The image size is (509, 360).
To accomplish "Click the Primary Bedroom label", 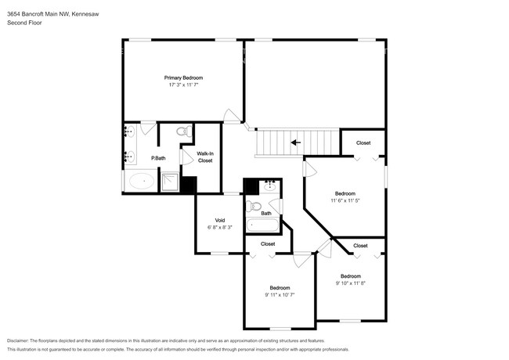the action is (183, 77).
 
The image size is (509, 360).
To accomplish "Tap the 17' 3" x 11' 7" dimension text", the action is (183, 85).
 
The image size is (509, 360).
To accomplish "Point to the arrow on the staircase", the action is (296, 142).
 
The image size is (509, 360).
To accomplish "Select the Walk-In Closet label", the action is (205, 157).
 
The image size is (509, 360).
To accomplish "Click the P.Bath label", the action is (158, 158).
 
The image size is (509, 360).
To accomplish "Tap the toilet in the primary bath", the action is (184, 131).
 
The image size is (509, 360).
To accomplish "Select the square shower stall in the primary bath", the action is (170, 182).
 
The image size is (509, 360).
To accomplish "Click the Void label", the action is (220, 221).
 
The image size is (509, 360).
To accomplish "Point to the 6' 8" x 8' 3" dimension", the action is (220, 228).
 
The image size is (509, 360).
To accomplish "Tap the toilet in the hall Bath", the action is (254, 206).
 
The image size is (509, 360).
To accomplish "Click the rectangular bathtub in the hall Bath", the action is (262, 225).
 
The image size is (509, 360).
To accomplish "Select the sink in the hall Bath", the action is (270, 185).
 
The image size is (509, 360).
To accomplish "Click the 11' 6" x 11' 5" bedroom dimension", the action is (345, 201).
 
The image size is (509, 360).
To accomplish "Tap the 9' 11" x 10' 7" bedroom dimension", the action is (280, 295).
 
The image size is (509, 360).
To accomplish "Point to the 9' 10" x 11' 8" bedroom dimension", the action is (351, 283).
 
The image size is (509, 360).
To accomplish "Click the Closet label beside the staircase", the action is (363, 142).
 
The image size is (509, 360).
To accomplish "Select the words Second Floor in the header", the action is (24, 23).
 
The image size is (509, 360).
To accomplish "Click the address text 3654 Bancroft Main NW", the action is (38, 14).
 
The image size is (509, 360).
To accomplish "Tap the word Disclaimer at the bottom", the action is (18, 341).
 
